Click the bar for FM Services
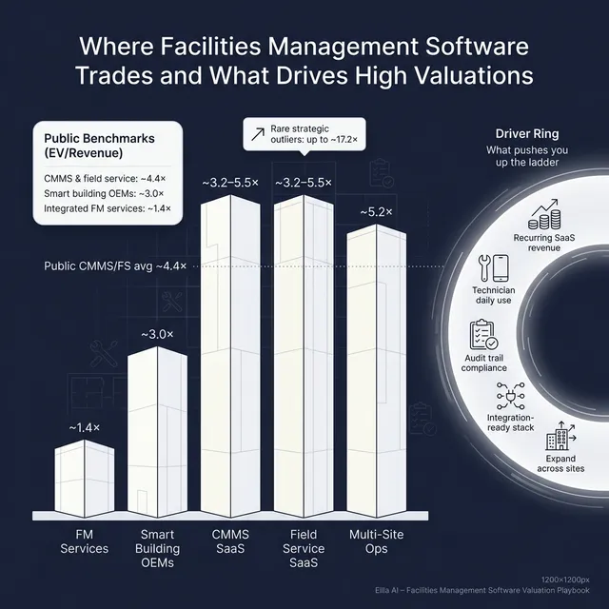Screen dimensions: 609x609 point(84,479)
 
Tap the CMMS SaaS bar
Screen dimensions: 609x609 point(229,352)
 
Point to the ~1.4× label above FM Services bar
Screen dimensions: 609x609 point(84,427)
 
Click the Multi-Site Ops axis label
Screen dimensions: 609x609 point(376,541)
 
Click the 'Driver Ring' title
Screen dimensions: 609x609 point(525,133)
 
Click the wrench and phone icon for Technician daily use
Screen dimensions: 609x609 point(493,265)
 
